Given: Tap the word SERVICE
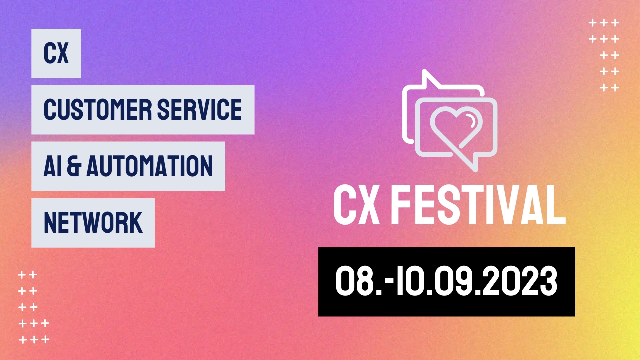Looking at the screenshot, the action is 199,109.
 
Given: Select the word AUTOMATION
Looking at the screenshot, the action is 149,166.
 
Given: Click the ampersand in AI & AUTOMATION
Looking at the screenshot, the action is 74,166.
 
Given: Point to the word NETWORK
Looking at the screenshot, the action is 93,223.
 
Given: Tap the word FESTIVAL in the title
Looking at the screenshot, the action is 478,205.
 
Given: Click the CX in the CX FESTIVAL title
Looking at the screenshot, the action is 357,205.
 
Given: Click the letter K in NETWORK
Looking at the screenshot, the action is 135,223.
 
